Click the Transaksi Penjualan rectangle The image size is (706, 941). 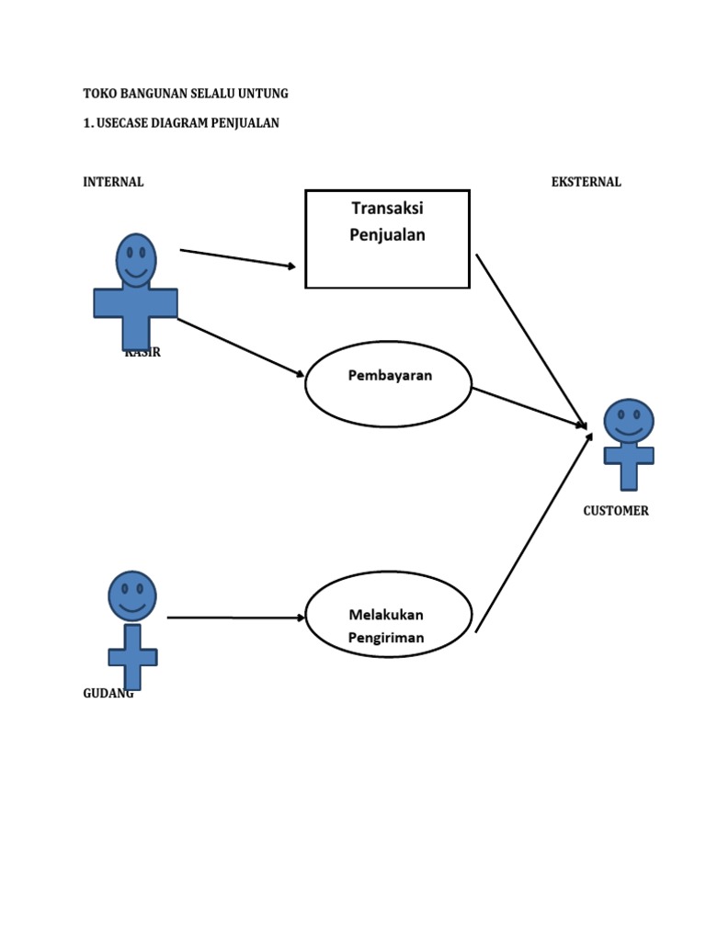[x=387, y=239]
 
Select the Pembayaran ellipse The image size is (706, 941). [x=388, y=384]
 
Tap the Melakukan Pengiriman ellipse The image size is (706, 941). [x=388, y=615]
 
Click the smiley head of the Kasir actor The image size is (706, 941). [x=136, y=260]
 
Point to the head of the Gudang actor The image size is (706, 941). [x=132, y=595]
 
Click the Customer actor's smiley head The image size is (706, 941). [x=629, y=422]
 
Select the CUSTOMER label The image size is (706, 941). [x=616, y=511]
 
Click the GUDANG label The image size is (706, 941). [x=107, y=694]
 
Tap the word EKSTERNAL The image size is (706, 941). [x=586, y=182]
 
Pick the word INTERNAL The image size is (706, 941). [x=113, y=182]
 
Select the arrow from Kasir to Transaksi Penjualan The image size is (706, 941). [x=238, y=258]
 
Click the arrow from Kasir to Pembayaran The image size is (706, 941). [x=240, y=346]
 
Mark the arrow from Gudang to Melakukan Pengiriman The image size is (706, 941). [x=235, y=618]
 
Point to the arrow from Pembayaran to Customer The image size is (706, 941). [x=529, y=407]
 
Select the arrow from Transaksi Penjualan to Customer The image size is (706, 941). [x=530, y=340]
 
